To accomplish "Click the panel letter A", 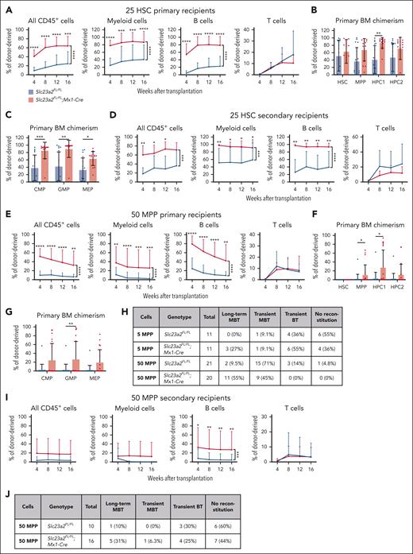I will (6, 6).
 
